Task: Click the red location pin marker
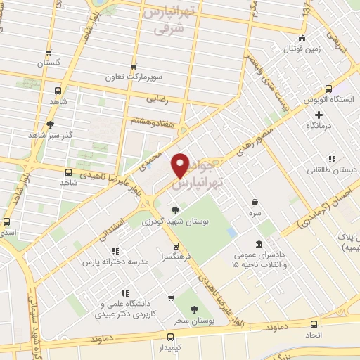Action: (181, 165)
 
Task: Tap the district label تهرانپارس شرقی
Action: (172, 20)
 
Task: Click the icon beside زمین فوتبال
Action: (302, 39)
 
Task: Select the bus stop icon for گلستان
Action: (48, 53)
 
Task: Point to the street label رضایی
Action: (156, 101)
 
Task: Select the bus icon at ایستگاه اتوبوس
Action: (328, 89)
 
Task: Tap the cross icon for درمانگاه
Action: (319, 114)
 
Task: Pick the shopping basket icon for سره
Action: (254, 202)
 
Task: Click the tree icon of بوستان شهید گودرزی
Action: (175, 210)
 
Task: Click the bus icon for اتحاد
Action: (314, 324)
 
